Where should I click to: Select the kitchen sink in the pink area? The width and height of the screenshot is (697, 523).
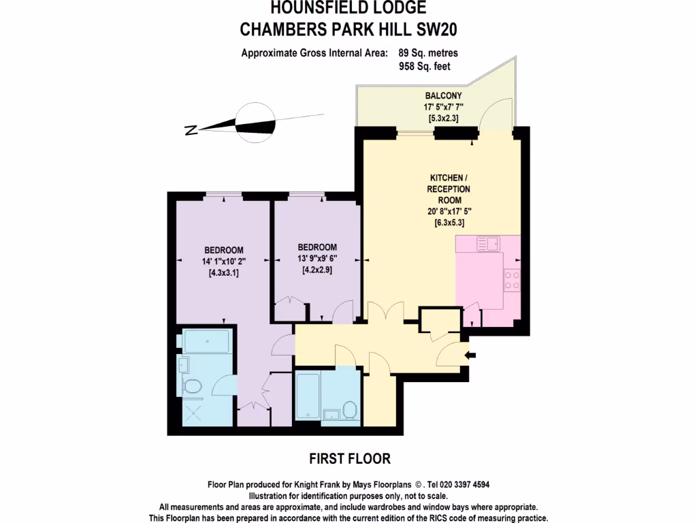[x=487, y=243]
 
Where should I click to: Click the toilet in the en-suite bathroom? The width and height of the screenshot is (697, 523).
[x=193, y=386]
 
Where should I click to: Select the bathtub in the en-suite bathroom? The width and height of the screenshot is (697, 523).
[x=206, y=341]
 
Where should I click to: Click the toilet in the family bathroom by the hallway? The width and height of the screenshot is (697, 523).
[x=350, y=410]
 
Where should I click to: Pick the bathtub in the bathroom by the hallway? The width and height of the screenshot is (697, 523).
[x=308, y=395]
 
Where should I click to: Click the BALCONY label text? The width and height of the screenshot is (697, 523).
[x=444, y=96]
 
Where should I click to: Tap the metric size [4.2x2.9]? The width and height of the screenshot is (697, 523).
[x=317, y=270]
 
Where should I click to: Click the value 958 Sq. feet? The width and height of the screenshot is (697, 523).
[x=425, y=66]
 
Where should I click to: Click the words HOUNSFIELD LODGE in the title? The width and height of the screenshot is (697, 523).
[x=348, y=9]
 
